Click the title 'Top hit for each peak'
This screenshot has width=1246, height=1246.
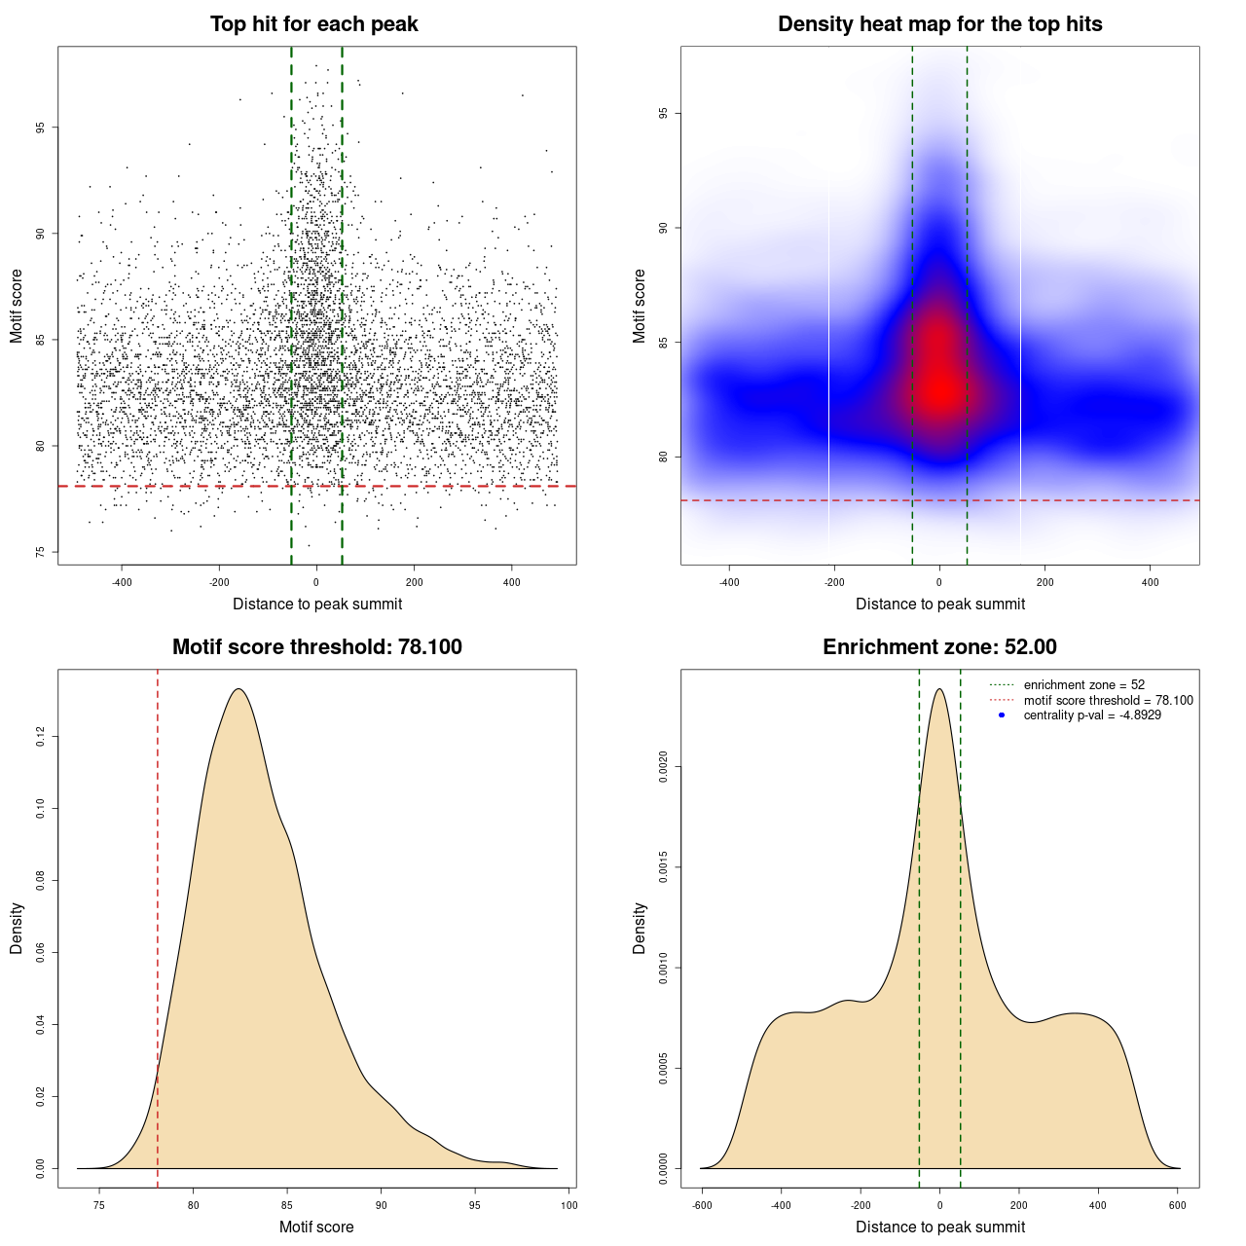(x=313, y=24)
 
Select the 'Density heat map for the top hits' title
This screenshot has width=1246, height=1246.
(x=939, y=24)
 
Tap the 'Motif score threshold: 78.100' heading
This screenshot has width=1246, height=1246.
(x=316, y=647)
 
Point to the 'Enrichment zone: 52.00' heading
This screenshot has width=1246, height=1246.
(x=939, y=647)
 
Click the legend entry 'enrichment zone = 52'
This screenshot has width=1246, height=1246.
(x=1083, y=685)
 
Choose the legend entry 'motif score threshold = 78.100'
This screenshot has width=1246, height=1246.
(x=1108, y=700)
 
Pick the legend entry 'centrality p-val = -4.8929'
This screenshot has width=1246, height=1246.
(x=1092, y=715)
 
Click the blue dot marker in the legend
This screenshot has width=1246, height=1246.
(x=1001, y=715)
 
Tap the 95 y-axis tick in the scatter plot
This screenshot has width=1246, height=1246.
(x=42, y=128)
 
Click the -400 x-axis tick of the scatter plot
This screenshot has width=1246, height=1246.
(x=122, y=582)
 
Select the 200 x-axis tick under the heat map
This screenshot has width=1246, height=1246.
(x=1044, y=582)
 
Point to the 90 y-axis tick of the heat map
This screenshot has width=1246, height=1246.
(x=664, y=228)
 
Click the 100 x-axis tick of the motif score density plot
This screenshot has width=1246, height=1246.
(x=569, y=1205)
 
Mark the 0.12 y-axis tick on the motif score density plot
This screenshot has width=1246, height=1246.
(x=41, y=738)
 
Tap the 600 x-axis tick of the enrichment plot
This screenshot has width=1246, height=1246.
(x=1177, y=1205)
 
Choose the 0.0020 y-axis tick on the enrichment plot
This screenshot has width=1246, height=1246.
(x=664, y=767)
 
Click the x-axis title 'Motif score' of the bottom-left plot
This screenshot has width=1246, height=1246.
(x=316, y=1227)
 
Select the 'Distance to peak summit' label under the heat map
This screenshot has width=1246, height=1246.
(x=939, y=604)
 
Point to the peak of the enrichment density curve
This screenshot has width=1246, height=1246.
(x=938, y=689)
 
